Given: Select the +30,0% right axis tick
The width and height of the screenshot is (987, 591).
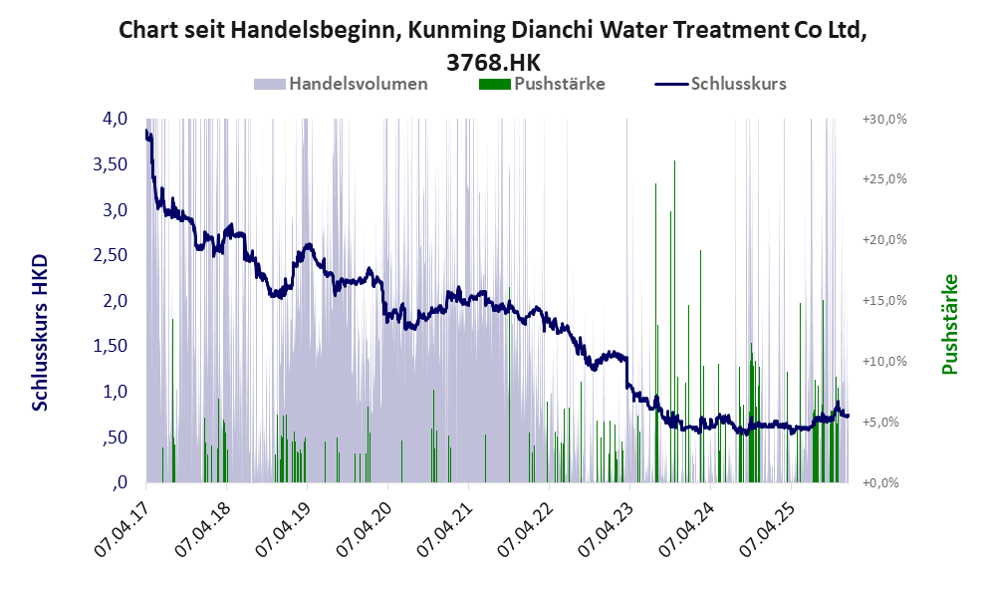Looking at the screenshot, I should (x=883, y=119).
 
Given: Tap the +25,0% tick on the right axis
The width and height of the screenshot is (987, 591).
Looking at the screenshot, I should (x=883, y=179).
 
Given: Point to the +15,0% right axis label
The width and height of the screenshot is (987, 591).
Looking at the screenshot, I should (x=883, y=300).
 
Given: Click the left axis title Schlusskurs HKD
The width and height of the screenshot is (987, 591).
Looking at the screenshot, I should (x=40, y=332).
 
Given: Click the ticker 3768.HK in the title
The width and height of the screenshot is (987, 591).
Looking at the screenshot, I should (x=492, y=60).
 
